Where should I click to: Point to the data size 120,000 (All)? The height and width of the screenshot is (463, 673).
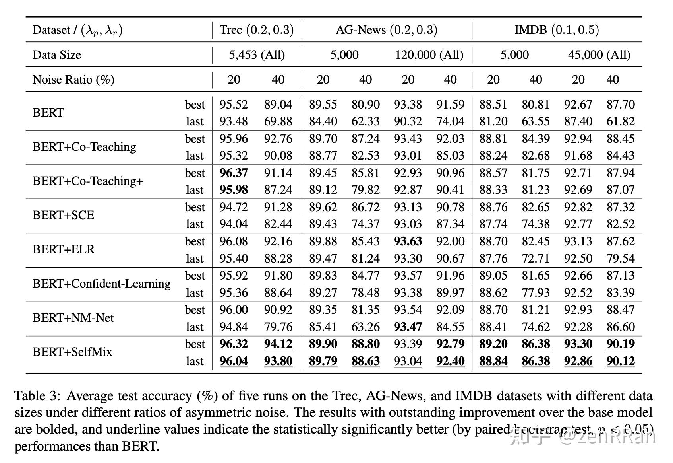coord(429,55)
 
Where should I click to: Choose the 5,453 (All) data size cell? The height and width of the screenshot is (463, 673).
coord(257,55)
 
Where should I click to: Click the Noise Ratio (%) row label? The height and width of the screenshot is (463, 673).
coord(73,80)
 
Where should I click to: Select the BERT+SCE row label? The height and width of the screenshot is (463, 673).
coord(64,215)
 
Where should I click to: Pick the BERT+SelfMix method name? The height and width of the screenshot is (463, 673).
coord(72,352)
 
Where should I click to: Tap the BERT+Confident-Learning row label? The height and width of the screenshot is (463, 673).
coord(101,284)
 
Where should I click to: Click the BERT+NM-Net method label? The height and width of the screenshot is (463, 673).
coord(73,318)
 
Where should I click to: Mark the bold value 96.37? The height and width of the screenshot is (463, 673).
coord(234,173)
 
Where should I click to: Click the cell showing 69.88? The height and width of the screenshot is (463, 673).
coord(278,121)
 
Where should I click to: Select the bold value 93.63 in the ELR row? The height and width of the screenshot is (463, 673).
coord(408,241)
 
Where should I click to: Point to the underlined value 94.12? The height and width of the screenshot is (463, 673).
coord(278,344)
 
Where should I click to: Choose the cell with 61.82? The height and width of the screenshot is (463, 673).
coord(621,121)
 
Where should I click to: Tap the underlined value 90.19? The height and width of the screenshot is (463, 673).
coord(621,344)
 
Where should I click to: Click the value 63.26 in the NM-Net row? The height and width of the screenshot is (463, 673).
coord(366,327)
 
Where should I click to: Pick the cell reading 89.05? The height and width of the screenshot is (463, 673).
coord(493,276)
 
